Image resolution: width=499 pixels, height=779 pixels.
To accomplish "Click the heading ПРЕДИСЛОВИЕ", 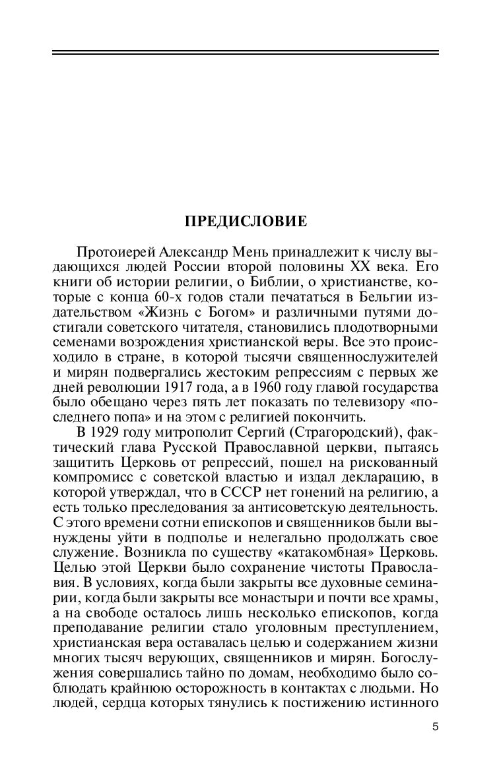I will (245, 222).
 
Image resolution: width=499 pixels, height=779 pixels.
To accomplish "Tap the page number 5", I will (435, 727).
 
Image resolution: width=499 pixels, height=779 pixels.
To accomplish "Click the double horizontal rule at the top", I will (245, 53).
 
